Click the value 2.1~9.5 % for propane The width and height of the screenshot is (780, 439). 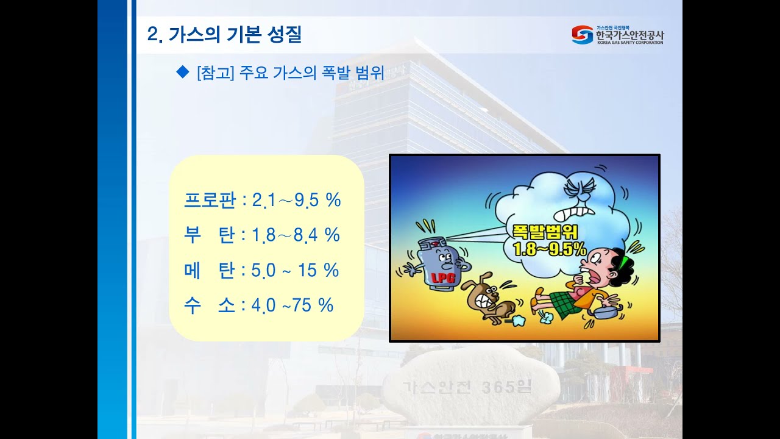pos(296,199)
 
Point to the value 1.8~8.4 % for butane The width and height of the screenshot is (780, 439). pos(296,235)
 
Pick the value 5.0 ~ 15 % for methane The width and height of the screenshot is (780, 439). pos(295,270)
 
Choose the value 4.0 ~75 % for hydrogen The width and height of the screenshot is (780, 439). pos(292,305)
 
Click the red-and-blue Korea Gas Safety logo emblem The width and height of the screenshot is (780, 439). pos(582,35)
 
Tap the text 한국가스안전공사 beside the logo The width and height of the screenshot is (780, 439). pos(629,35)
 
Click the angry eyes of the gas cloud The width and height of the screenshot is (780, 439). pos(575,190)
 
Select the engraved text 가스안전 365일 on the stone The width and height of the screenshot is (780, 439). pos(467,387)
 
